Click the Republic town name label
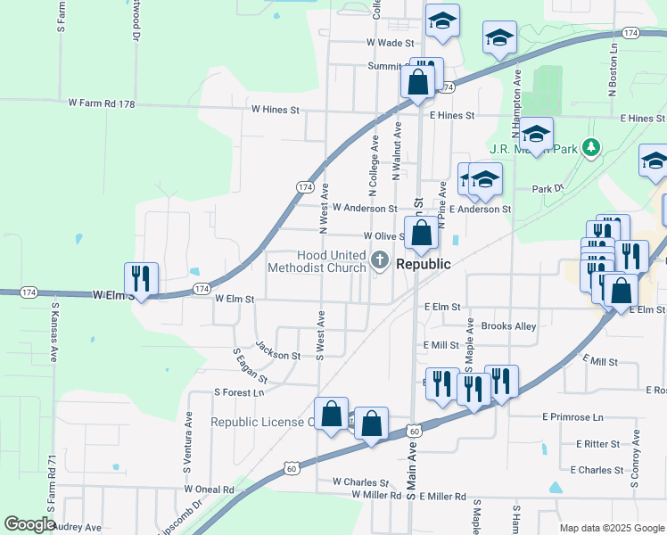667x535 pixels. click(x=423, y=265)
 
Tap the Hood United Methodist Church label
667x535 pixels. click(x=317, y=262)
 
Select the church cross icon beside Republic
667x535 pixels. click(x=380, y=261)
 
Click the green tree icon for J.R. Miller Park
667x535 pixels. click(x=589, y=147)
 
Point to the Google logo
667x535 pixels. click(x=29, y=524)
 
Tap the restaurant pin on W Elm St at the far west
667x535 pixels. click(x=141, y=278)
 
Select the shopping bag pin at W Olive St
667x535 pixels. click(x=422, y=234)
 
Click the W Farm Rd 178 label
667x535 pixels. click(x=102, y=104)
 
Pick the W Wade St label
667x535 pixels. click(x=391, y=43)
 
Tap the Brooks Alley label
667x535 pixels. click(x=508, y=326)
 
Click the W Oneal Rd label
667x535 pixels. click(x=209, y=489)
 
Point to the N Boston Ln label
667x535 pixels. click(x=613, y=66)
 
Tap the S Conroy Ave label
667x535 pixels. click(x=636, y=457)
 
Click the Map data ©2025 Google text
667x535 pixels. click(x=611, y=528)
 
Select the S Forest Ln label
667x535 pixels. click(x=239, y=392)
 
